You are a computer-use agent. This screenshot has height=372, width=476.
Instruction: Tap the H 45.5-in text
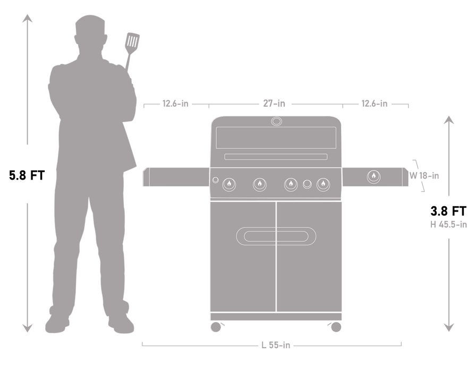coord(449,224)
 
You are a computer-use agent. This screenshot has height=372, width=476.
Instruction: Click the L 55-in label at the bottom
coord(276,345)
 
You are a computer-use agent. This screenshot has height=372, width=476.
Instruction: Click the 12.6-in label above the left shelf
coord(175,104)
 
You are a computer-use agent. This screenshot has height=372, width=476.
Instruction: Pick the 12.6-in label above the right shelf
coord(374,104)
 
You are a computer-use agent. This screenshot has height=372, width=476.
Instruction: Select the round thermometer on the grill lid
coord(277,122)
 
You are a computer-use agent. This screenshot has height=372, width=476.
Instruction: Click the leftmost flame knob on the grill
coord(229,184)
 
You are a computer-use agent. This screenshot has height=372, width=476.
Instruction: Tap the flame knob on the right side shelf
coord(373,176)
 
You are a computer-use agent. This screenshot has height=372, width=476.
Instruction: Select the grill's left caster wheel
coord(216,327)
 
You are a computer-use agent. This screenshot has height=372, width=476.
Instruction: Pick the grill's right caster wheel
coord(336,327)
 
